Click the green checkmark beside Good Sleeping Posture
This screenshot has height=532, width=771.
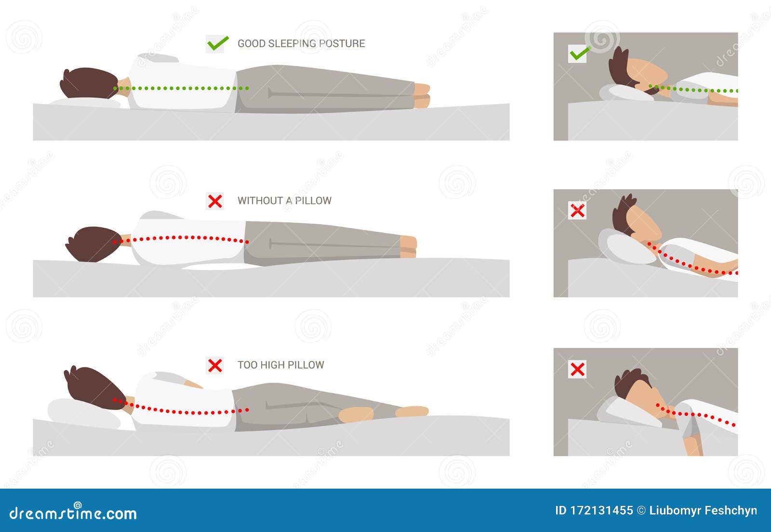217,43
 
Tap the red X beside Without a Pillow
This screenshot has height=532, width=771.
215,201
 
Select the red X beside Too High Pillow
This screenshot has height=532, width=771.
215,365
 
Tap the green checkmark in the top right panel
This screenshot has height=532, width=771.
580,53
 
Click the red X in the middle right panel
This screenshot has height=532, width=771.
577,211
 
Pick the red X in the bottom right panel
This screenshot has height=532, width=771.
577,369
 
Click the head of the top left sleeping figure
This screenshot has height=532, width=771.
90,83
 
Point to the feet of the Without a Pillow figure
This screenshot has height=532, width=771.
408,246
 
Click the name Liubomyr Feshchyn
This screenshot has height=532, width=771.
703,511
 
